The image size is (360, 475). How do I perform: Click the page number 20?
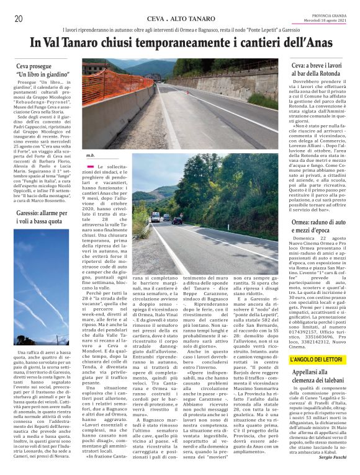point(18,19)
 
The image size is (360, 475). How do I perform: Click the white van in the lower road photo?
point(155,216)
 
